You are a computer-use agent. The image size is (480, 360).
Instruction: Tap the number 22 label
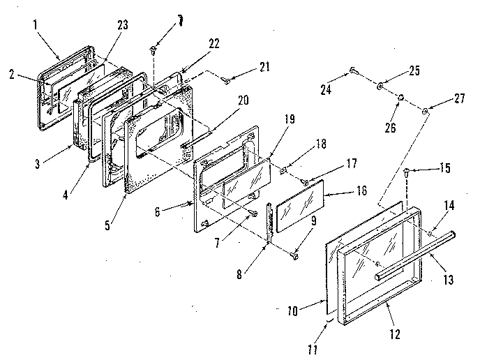(x=213, y=43)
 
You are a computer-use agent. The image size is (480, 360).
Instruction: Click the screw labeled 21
(x=227, y=82)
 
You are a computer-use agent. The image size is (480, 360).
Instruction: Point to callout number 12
(x=395, y=333)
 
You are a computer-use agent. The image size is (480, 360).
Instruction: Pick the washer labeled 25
(x=380, y=87)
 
